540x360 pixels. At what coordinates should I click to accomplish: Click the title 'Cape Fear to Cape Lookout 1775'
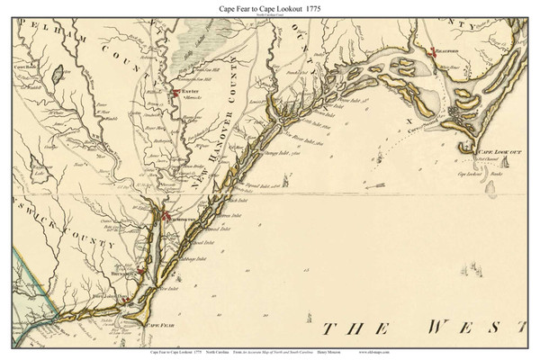pos(270,7)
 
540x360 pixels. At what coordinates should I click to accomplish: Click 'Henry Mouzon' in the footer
pos(428,351)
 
